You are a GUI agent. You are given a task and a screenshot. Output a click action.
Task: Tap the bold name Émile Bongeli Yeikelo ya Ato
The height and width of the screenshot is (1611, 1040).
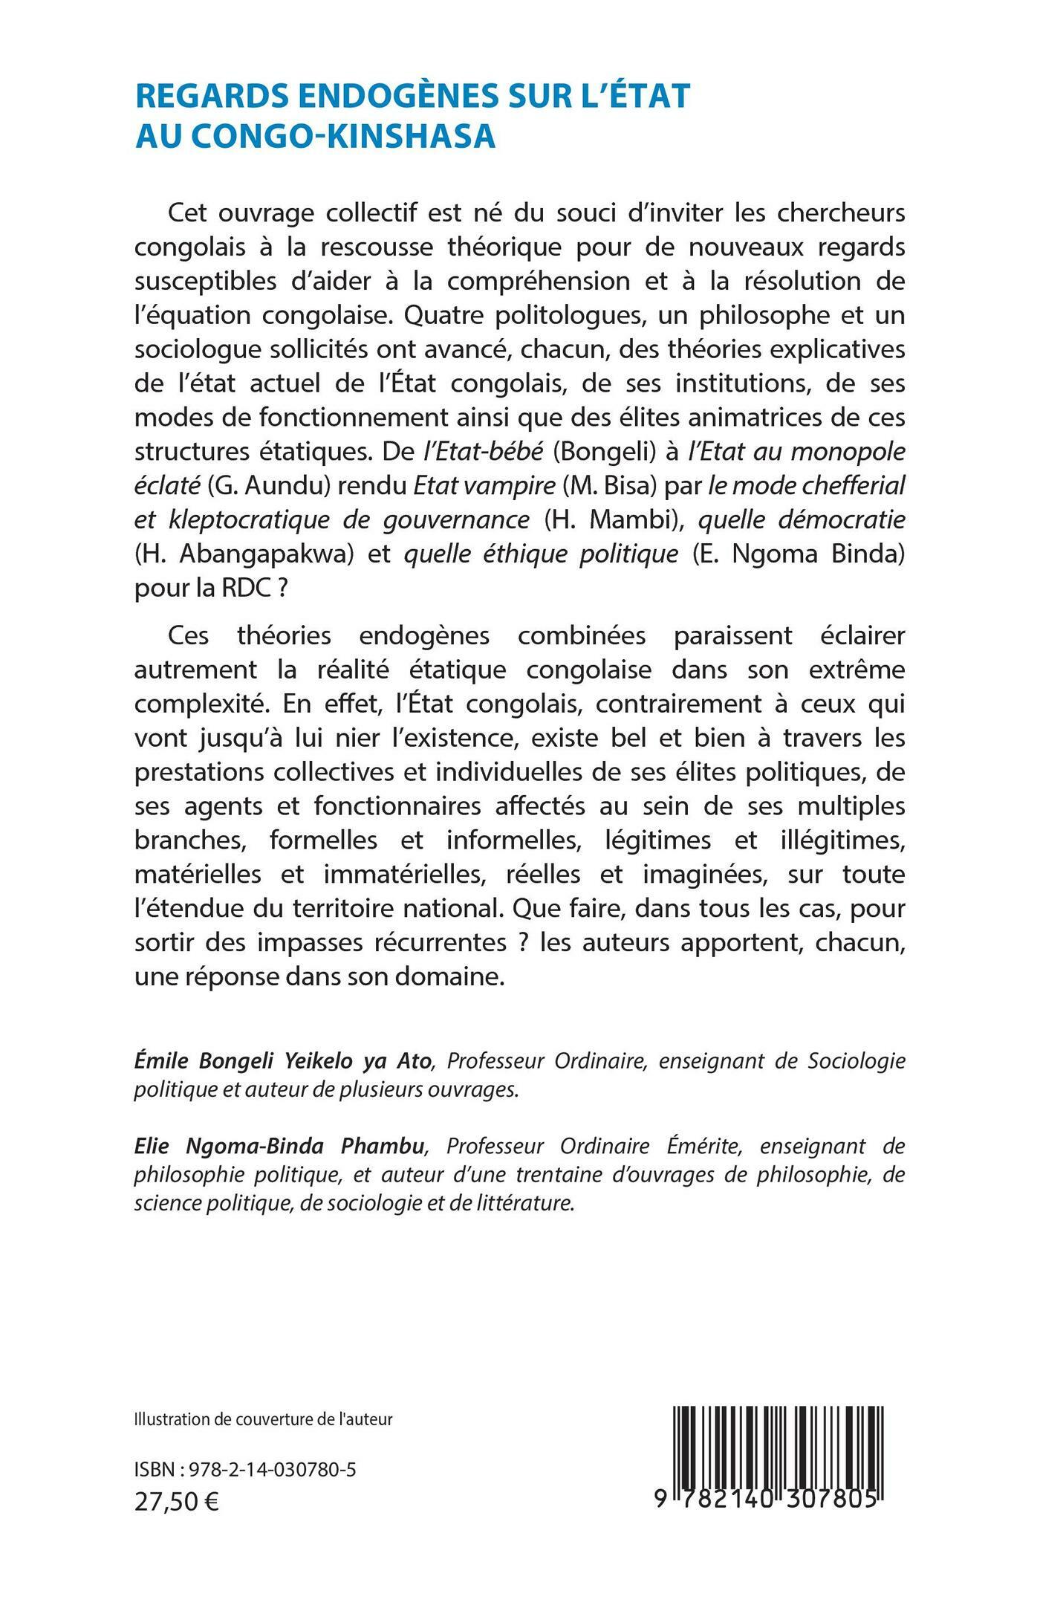point(283,1061)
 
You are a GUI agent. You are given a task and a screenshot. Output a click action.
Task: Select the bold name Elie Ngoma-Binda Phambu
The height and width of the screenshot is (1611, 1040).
point(280,1147)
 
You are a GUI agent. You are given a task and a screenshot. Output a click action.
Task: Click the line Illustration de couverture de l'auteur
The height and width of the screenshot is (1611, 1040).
point(263,1419)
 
